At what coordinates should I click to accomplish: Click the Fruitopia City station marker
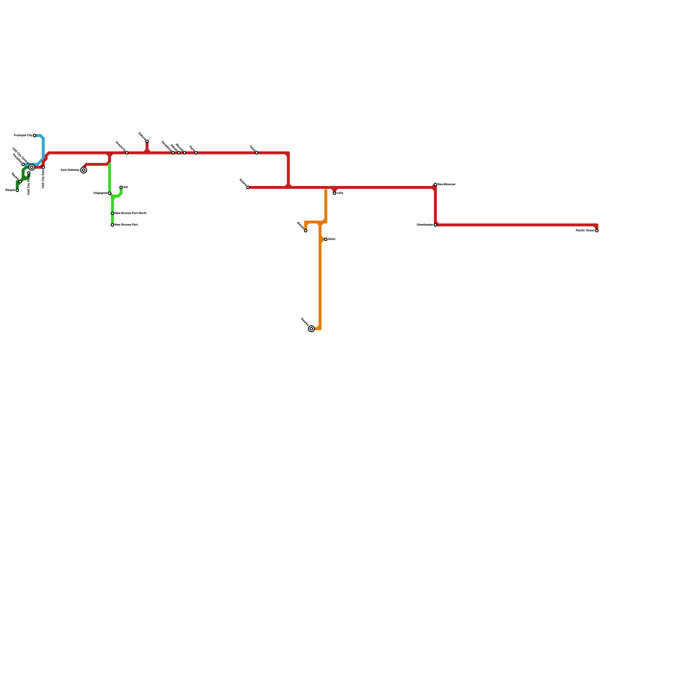click(35, 136)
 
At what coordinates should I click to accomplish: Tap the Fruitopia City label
click(23, 136)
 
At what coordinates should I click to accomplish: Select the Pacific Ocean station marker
click(597, 231)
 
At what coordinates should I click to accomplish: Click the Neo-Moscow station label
click(446, 185)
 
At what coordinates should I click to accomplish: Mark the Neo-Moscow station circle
click(436, 185)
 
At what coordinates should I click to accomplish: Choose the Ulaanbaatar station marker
click(436, 225)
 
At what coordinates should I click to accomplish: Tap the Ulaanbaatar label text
click(425, 225)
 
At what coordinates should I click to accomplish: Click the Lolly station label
click(340, 193)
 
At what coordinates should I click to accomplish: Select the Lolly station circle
click(334, 193)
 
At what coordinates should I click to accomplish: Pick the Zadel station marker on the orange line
click(326, 239)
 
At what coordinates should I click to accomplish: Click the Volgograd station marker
click(109, 193)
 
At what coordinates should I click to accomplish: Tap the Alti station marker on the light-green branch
click(121, 187)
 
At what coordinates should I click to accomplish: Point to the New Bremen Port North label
click(131, 213)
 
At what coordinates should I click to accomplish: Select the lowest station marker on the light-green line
click(112, 225)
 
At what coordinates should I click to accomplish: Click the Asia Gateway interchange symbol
click(83, 170)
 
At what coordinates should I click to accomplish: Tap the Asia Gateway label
click(70, 170)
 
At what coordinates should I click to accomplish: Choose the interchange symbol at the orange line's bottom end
click(311, 329)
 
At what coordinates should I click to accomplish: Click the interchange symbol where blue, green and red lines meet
click(32, 167)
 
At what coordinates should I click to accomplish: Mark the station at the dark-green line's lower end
click(17, 190)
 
